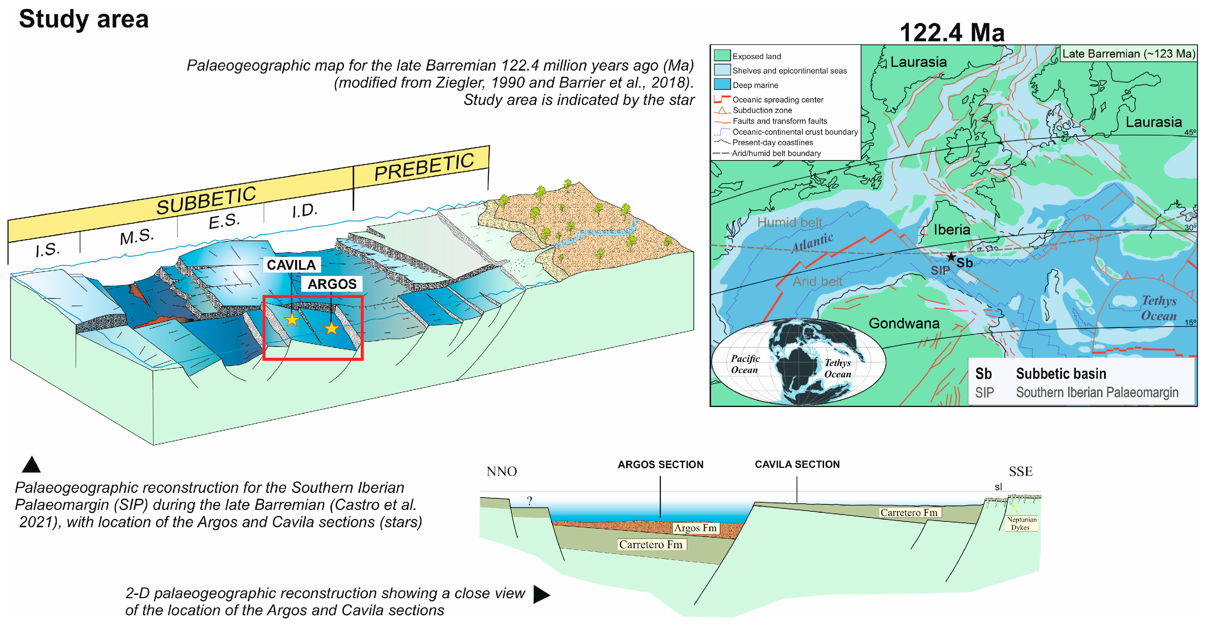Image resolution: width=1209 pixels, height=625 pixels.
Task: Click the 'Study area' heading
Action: (84, 20)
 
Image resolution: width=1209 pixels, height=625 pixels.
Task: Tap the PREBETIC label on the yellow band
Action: (424, 167)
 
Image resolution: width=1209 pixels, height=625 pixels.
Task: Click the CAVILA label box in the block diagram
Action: (291, 265)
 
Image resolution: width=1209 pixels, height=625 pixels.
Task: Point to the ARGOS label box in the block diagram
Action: (332, 284)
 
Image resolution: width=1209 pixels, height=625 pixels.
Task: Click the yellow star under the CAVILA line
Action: (292, 320)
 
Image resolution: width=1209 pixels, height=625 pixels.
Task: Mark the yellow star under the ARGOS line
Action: (331, 328)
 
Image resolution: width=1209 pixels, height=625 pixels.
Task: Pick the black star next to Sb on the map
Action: (950, 257)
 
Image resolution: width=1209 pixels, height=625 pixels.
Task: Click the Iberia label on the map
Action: (951, 230)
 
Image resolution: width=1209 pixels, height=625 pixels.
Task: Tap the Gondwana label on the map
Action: (903, 323)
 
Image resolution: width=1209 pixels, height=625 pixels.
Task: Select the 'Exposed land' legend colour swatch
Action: (722, 55)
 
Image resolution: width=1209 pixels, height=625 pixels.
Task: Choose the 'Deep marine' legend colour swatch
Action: (722, 84)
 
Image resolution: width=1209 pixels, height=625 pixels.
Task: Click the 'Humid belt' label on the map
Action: (789, 222)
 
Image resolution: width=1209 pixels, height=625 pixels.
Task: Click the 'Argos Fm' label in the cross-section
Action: (695, 528)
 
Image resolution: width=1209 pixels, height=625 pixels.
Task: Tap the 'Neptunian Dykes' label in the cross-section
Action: (1021, 523)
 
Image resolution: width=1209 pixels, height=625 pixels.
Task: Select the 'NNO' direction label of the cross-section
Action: (501, 471)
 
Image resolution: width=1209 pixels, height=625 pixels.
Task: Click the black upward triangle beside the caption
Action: (31, 465)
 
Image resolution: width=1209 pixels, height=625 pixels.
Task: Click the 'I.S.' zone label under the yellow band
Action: (47, 249)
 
